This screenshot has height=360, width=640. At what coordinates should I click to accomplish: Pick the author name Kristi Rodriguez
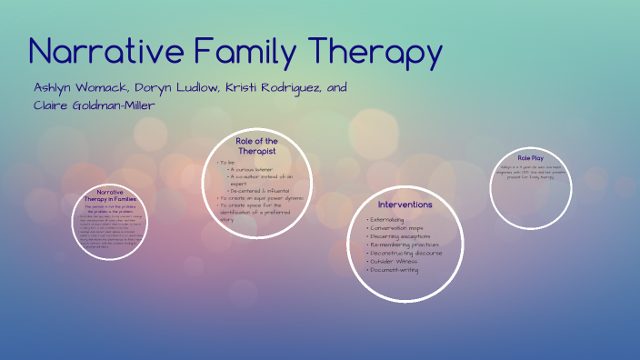266,88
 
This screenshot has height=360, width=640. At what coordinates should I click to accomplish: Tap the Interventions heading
405,205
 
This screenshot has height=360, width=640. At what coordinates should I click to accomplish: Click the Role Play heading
530,157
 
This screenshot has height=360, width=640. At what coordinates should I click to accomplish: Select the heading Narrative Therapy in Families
109,195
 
